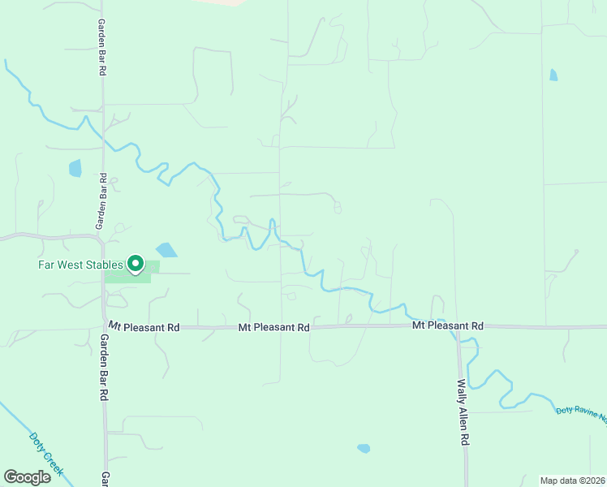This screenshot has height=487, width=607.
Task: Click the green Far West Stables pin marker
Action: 136,264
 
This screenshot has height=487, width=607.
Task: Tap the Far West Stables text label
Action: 80,265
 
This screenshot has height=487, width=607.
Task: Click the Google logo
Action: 28,477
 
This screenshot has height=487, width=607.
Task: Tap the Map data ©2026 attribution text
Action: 573,481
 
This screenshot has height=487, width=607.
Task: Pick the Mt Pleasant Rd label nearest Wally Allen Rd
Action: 447,325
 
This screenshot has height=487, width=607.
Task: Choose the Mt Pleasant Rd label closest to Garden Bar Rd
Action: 144,327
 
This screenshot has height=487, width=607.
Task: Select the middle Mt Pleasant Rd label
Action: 274,328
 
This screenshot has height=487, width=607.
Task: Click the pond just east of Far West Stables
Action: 166,249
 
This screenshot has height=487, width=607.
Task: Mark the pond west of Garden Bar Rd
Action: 75,168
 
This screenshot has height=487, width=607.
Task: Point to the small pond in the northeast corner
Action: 553,75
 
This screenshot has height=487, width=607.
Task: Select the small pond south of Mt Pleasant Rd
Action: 364,448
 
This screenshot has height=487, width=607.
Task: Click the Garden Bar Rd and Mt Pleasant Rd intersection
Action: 104,327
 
